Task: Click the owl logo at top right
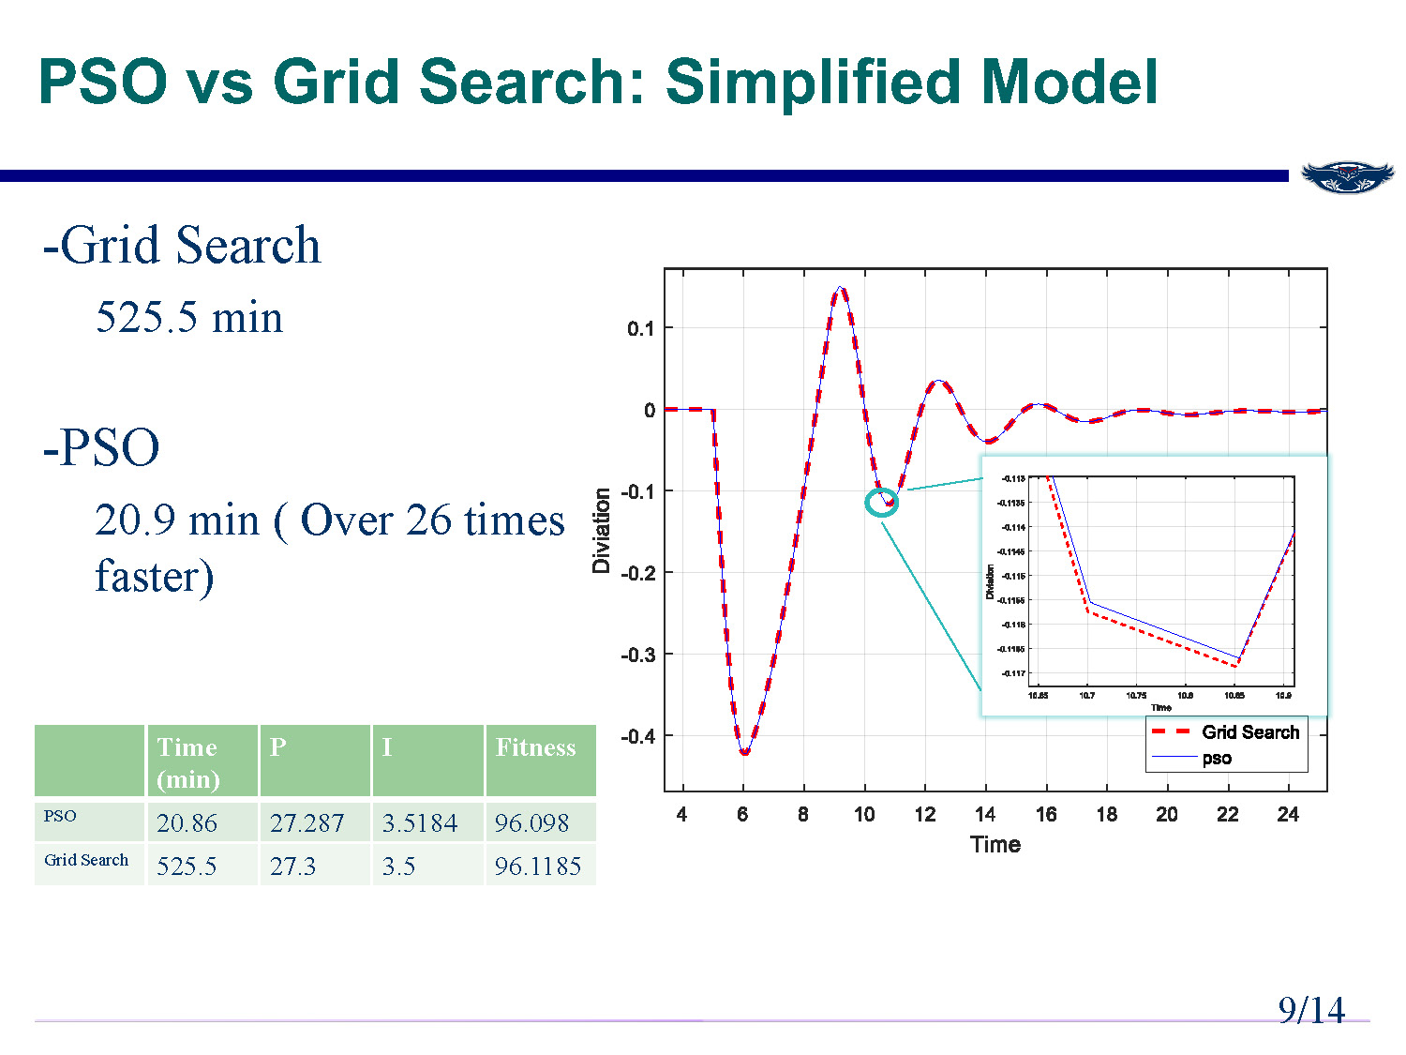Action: [1347, 176]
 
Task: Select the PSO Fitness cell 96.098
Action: [531, 822]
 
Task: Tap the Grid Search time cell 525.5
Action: [187, 866]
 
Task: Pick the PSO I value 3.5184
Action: [419, 822]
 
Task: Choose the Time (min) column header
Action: [188, 762]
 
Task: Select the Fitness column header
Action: [535, 747]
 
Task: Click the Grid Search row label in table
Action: [86, 860]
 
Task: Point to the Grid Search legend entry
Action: [1249, 732]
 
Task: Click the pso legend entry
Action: [1217, 758]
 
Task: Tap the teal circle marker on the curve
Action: [881, 503]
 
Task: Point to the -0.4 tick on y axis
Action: [638, 736]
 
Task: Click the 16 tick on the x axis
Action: [1046, 814]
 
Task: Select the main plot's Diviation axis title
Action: [601, 531]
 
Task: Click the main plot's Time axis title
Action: [995, 844]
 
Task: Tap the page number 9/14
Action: [1310, 1010]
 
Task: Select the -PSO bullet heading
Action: [101, 447]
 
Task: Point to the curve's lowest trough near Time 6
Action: [744, 752]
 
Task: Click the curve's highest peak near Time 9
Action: [841, 289]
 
